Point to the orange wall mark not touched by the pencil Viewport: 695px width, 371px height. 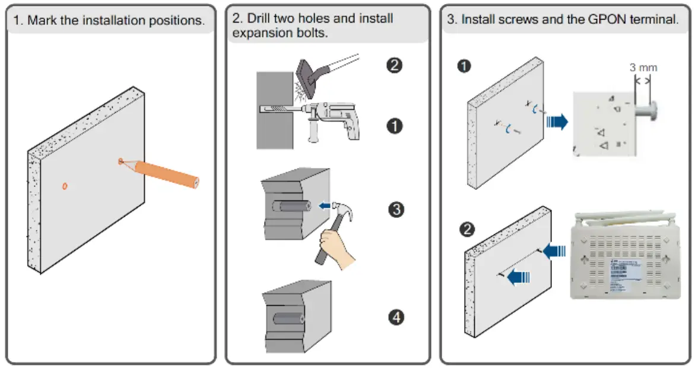pyautogui.click(x=65, y=186)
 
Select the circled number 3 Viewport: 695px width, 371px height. pyautogui.click(x=396, y=209)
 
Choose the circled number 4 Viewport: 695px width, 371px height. pyautogui.click(x=396, y=318)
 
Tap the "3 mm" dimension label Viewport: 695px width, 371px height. pyautogui.click(x=643, y=68)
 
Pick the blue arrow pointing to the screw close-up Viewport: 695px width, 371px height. pyautogui.click(x=556, y=122)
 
